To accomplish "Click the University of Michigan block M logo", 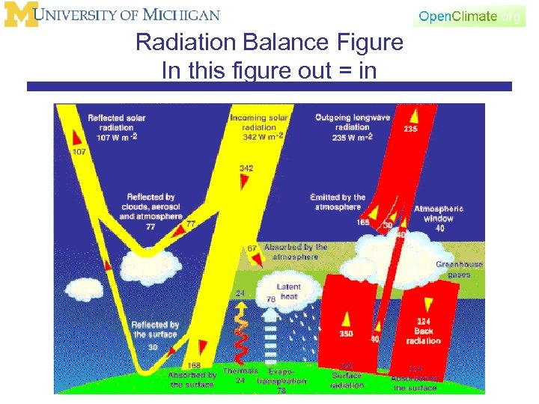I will tap(20, 15).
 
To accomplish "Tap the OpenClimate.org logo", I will tap(469, 16).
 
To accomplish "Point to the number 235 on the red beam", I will tap(410, 129).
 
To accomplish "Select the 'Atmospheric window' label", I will tap(439, 214).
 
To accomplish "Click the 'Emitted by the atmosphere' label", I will tap(338, 202).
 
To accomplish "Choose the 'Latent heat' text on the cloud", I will tap(288, 292).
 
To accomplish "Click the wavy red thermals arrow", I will tap(240, 333).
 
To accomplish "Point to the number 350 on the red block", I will tap(346, 334).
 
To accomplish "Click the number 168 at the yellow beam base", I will tap(194, 366).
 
